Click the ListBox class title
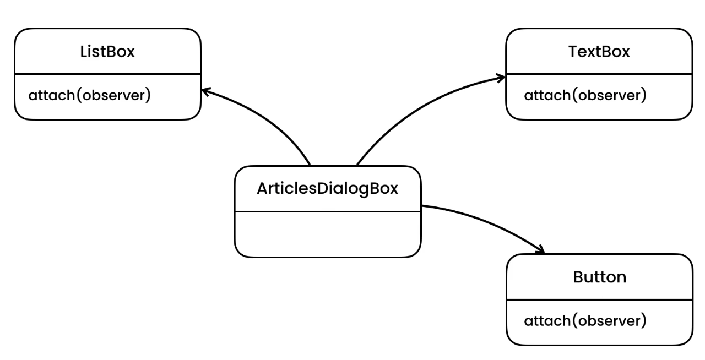coord(107,52)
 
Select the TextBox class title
coord(599,52)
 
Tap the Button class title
coord(599,277)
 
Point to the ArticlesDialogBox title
coord(327,188)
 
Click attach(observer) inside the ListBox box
coord(89,95)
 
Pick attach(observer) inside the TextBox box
coord(584,95)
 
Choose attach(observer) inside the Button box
coord(584,320)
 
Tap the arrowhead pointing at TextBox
coord(501,78)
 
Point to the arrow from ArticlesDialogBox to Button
coord(485,220)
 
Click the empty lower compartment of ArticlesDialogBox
coord(327,234)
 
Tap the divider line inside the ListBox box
coord(107,74)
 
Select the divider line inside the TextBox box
coord(599,74)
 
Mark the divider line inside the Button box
coord(599,299)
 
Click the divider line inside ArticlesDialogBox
coord(327,211)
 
